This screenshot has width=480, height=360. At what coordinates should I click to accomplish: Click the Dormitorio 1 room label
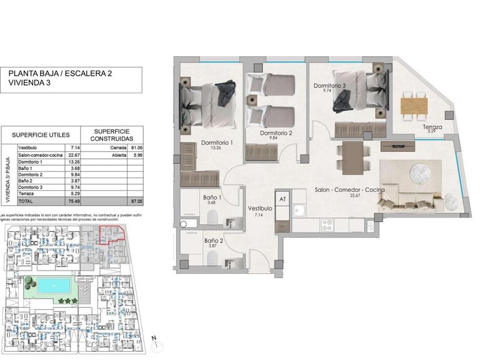(217, 143)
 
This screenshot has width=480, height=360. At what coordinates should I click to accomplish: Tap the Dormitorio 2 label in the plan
(277, 133)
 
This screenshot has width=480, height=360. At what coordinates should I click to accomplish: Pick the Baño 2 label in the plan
(213, 240)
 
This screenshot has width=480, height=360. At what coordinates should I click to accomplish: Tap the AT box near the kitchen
(282, 199)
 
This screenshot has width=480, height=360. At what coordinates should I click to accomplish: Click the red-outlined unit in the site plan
(112, 234)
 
